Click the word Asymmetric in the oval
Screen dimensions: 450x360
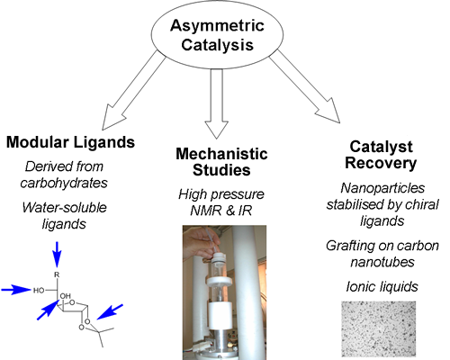point(217,25)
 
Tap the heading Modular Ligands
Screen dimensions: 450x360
point(70,142)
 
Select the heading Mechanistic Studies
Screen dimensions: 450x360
point(221,162)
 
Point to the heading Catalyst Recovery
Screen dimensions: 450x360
point(381,155)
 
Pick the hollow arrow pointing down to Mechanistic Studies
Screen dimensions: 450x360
point(217,103)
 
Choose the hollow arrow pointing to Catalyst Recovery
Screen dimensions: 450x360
point(305,86)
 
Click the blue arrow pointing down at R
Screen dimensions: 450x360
point(57,254)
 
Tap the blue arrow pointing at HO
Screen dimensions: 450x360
point(16,290)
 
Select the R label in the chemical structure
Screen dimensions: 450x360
point(57,274)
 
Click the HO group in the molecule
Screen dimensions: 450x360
point(39,291)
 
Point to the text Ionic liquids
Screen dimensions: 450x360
point(382,286)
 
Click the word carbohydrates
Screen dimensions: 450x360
point(64,183)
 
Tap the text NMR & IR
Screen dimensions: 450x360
point(221,211)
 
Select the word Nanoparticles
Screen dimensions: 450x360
point(382,188)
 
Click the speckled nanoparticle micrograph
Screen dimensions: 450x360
point(379,329)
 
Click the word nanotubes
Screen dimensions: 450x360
point(382,262)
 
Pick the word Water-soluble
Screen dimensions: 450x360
point(64,207)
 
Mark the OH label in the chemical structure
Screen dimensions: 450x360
point(66,296)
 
